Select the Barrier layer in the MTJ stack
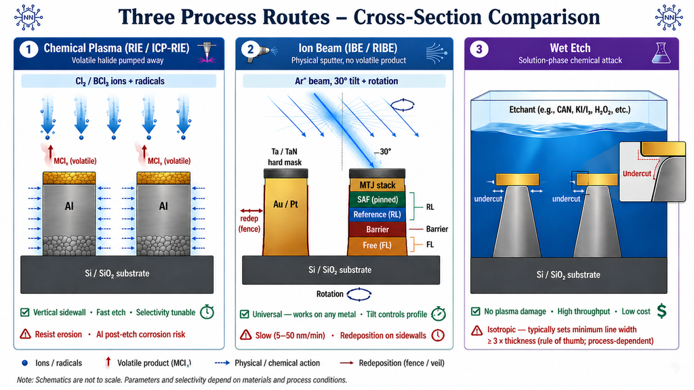pyautogui.click(x=377, y=229)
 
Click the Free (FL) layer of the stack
pyautogui.click(x=377, y=245)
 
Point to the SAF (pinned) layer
pyautogui.click(x=377, y=199)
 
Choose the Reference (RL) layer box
pyautogui.click(x=377, y=215)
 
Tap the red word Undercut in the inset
pyautogui.click(x=636, y=174)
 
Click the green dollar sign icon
pyautogui.click(x=661, y=311)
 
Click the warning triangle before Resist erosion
pyautogui.click(x=26, y=334)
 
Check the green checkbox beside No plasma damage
pyautogui.click(x=476, y=312)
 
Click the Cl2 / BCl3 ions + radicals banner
pyautogui.click(x=119, y=81)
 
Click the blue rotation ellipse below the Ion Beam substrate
pyautogui.click(x=360, y=295)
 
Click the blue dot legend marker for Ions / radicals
pyautogui.click(x=24, y=363)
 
